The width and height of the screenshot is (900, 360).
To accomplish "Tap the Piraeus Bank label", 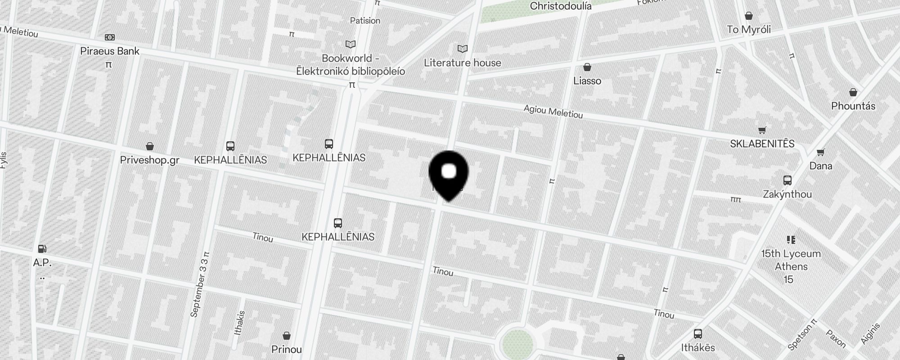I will coord(110,51).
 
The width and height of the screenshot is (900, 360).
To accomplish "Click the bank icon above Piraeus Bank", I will coord(109,37).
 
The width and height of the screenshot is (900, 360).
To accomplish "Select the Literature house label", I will coord(462,63).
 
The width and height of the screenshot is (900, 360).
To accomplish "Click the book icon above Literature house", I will coord(462,49).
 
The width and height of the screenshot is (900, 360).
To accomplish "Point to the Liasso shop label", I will coord(587,81).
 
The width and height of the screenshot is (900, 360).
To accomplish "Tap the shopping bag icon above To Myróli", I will coord(749,16).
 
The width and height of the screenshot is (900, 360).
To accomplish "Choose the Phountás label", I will coord(853,106).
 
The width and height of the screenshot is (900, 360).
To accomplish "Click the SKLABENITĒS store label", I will coord(762,144).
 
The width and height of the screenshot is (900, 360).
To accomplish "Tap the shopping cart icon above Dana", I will coord(820,153).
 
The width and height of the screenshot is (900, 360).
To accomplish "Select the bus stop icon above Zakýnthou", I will coord(787,180).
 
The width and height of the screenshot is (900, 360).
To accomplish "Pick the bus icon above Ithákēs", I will coord(698,334).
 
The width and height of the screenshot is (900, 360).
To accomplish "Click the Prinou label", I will coord(287,350).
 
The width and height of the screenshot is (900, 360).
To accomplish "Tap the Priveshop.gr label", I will coord(150,160).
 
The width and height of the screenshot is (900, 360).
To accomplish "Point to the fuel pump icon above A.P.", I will coord(42,248).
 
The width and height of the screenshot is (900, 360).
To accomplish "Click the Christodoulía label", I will coord(560,6).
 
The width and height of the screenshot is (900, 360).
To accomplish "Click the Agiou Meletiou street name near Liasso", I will coord(553,112).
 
